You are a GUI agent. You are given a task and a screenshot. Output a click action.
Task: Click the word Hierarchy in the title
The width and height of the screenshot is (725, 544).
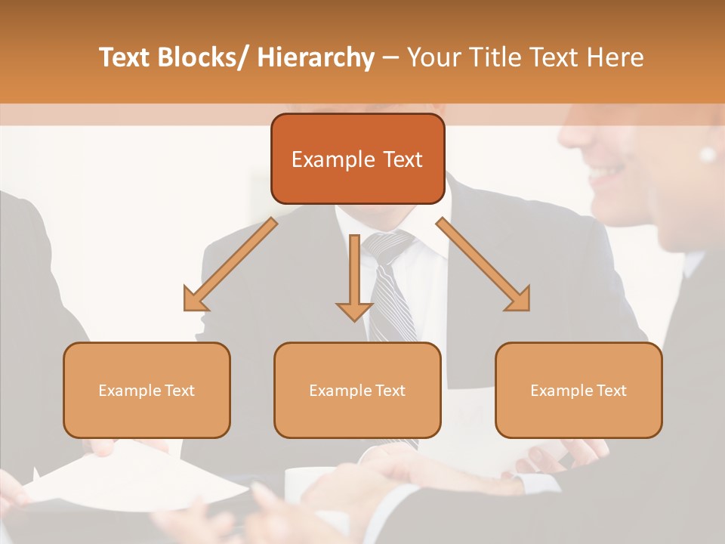click(x=315, y=57)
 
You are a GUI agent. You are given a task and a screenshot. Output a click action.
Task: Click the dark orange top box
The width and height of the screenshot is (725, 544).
click(x=357, y=159)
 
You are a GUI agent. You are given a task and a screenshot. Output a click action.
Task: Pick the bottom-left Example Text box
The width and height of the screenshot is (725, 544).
click(x=147, y=390)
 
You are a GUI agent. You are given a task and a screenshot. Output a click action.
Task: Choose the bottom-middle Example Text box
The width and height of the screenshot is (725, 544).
click(x=357, y=390)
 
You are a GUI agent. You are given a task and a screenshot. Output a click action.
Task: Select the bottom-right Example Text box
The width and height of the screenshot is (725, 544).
click(x=578, y=390)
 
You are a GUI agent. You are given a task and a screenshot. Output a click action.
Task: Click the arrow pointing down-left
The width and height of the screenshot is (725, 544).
click(x=227, y=266)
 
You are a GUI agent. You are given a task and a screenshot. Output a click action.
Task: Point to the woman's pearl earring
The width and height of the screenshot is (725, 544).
click(x=708, y=154)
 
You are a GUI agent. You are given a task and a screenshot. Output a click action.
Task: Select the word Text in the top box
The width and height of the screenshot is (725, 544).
click(x=401, y=159)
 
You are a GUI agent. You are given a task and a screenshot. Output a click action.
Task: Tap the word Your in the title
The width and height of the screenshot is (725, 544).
click(x=430, y=57)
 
